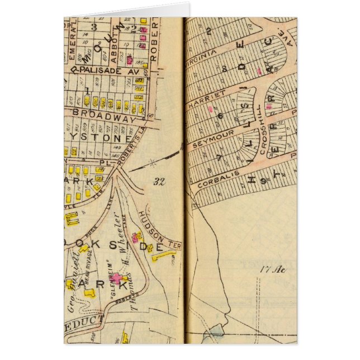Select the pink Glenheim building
pyautogui.click(x=116, y=278)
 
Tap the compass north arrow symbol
pyautogui.click(x=152, y=164)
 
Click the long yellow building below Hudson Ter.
pyautogui.click(x=164, y=255)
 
